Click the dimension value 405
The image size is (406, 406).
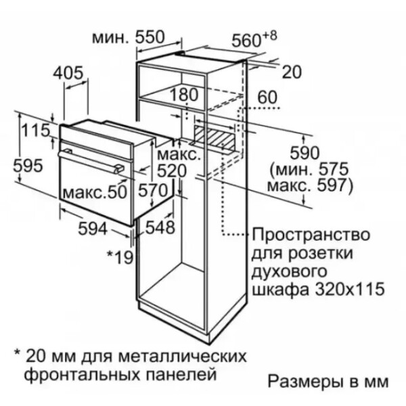point(68,73)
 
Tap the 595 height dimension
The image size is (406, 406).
point(28,166)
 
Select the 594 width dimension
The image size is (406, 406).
point(93,229)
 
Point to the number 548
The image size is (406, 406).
point(160,227)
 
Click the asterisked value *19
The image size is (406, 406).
point(120,258)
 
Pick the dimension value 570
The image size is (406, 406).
point(153,190)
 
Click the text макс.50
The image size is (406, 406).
point(95,192)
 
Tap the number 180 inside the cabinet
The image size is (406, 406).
point(184,95)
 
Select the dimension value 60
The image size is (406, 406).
point(267,97)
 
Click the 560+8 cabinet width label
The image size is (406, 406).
point(254,39)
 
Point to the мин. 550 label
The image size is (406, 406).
point(129,37)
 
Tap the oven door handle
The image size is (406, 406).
point(91,161)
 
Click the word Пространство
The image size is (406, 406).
point(311,235)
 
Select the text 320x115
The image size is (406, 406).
point(350,289)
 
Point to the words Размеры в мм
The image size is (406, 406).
point(328,382)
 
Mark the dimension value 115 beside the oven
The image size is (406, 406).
point(35,130)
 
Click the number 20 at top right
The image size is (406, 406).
point(292,72)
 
